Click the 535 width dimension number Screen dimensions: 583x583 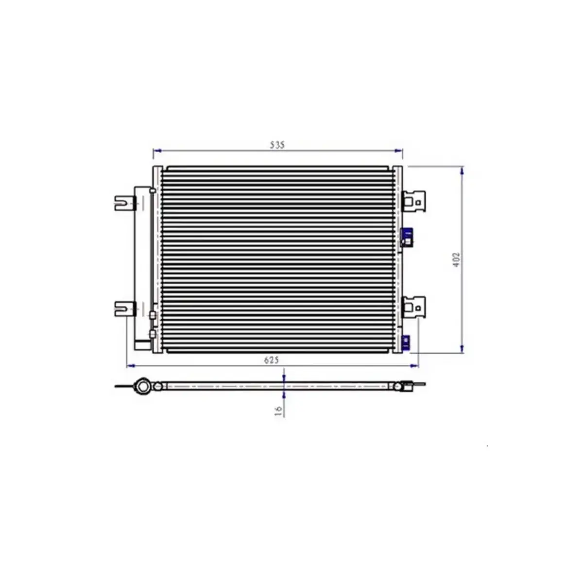tap(277, 145)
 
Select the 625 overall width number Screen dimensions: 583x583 tap(271, 360)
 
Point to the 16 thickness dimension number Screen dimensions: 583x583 tap(278, 411)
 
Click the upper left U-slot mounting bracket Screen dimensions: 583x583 tap(124, 203)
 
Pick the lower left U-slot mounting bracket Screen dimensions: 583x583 tap(124, 309)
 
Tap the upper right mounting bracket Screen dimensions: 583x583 tap(414, 200)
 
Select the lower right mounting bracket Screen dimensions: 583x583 tap(414, 307)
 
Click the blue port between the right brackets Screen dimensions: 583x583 tap(407, 237)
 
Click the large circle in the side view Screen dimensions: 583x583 tap(143, 386)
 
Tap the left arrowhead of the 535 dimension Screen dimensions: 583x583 tap(155, 151)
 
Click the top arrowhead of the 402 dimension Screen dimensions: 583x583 tap(462, 170)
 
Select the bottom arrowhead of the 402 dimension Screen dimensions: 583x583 tap(462, 349)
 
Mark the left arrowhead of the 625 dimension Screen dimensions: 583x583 tap(129, 365)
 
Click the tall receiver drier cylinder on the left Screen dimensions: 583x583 tap(142, 265)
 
